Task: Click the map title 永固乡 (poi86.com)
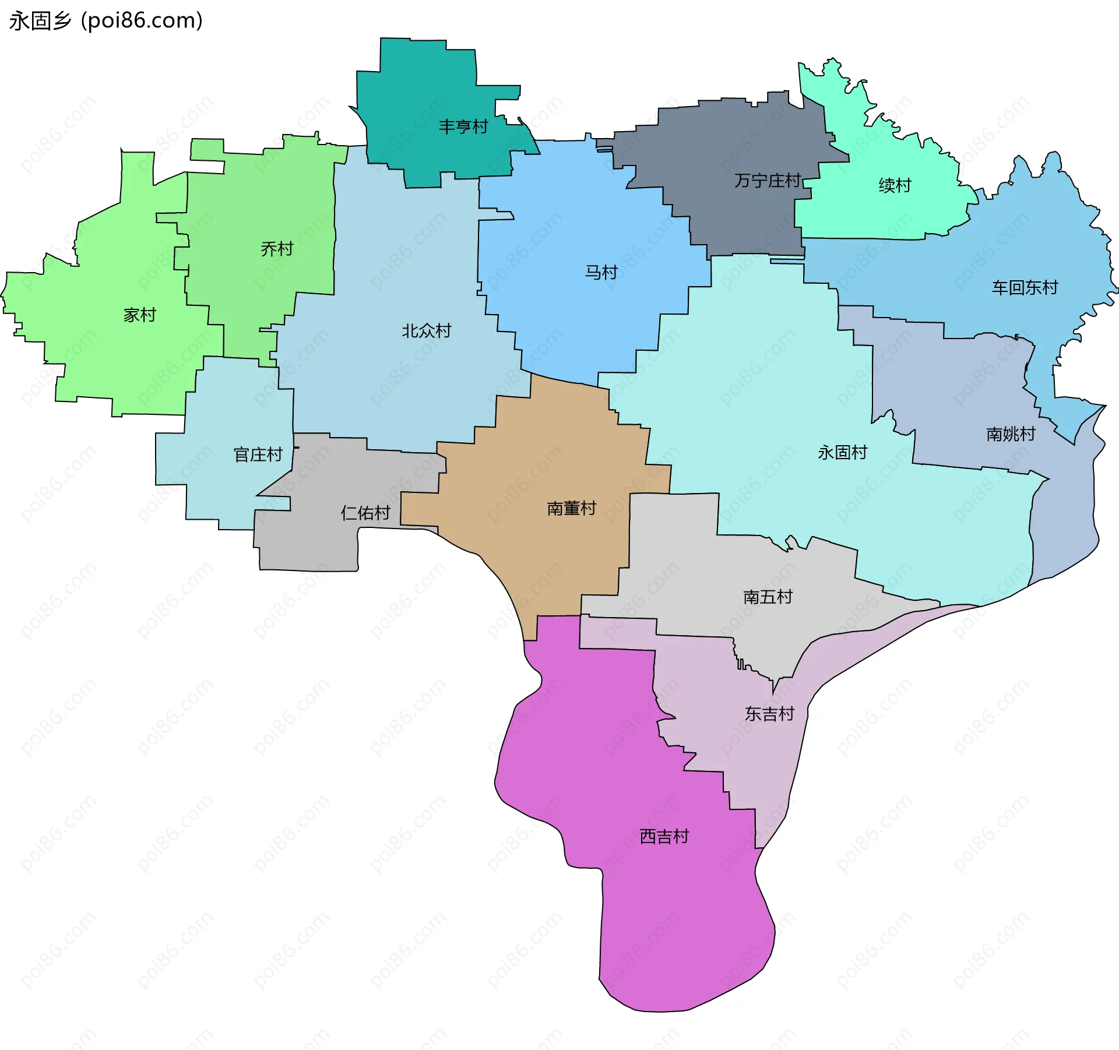pos(105,21)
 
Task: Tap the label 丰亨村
pos(463,126)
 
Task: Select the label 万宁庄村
pos(767,181)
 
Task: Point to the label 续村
pos(895,185)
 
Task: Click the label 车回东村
pos(1025,287)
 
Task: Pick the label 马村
pos(601,272)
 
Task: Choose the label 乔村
pos(277,249)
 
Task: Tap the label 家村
pos(140,315)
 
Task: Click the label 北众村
pos(427,331)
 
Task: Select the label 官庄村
pos(258,454)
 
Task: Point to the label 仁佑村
pos(365,513)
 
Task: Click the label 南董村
pos(571,509)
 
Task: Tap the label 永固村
pos(842,452)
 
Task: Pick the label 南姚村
pos(1011,434)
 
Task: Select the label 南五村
pos(768,597)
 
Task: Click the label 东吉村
pos(769,714)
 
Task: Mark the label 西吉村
pos(664,837)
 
